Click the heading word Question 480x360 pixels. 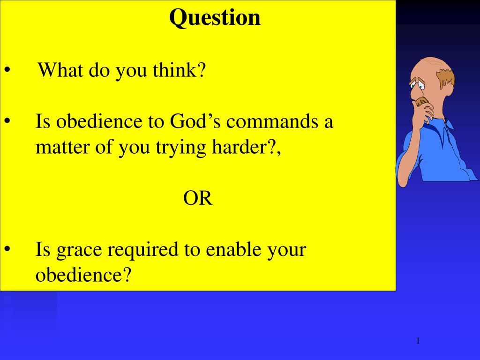click(215, 18)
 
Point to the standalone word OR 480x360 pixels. click(198, 199)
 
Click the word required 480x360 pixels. click(141, 250)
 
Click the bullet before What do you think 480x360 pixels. click(8, 71)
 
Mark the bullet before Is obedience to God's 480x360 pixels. click(8, 122)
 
